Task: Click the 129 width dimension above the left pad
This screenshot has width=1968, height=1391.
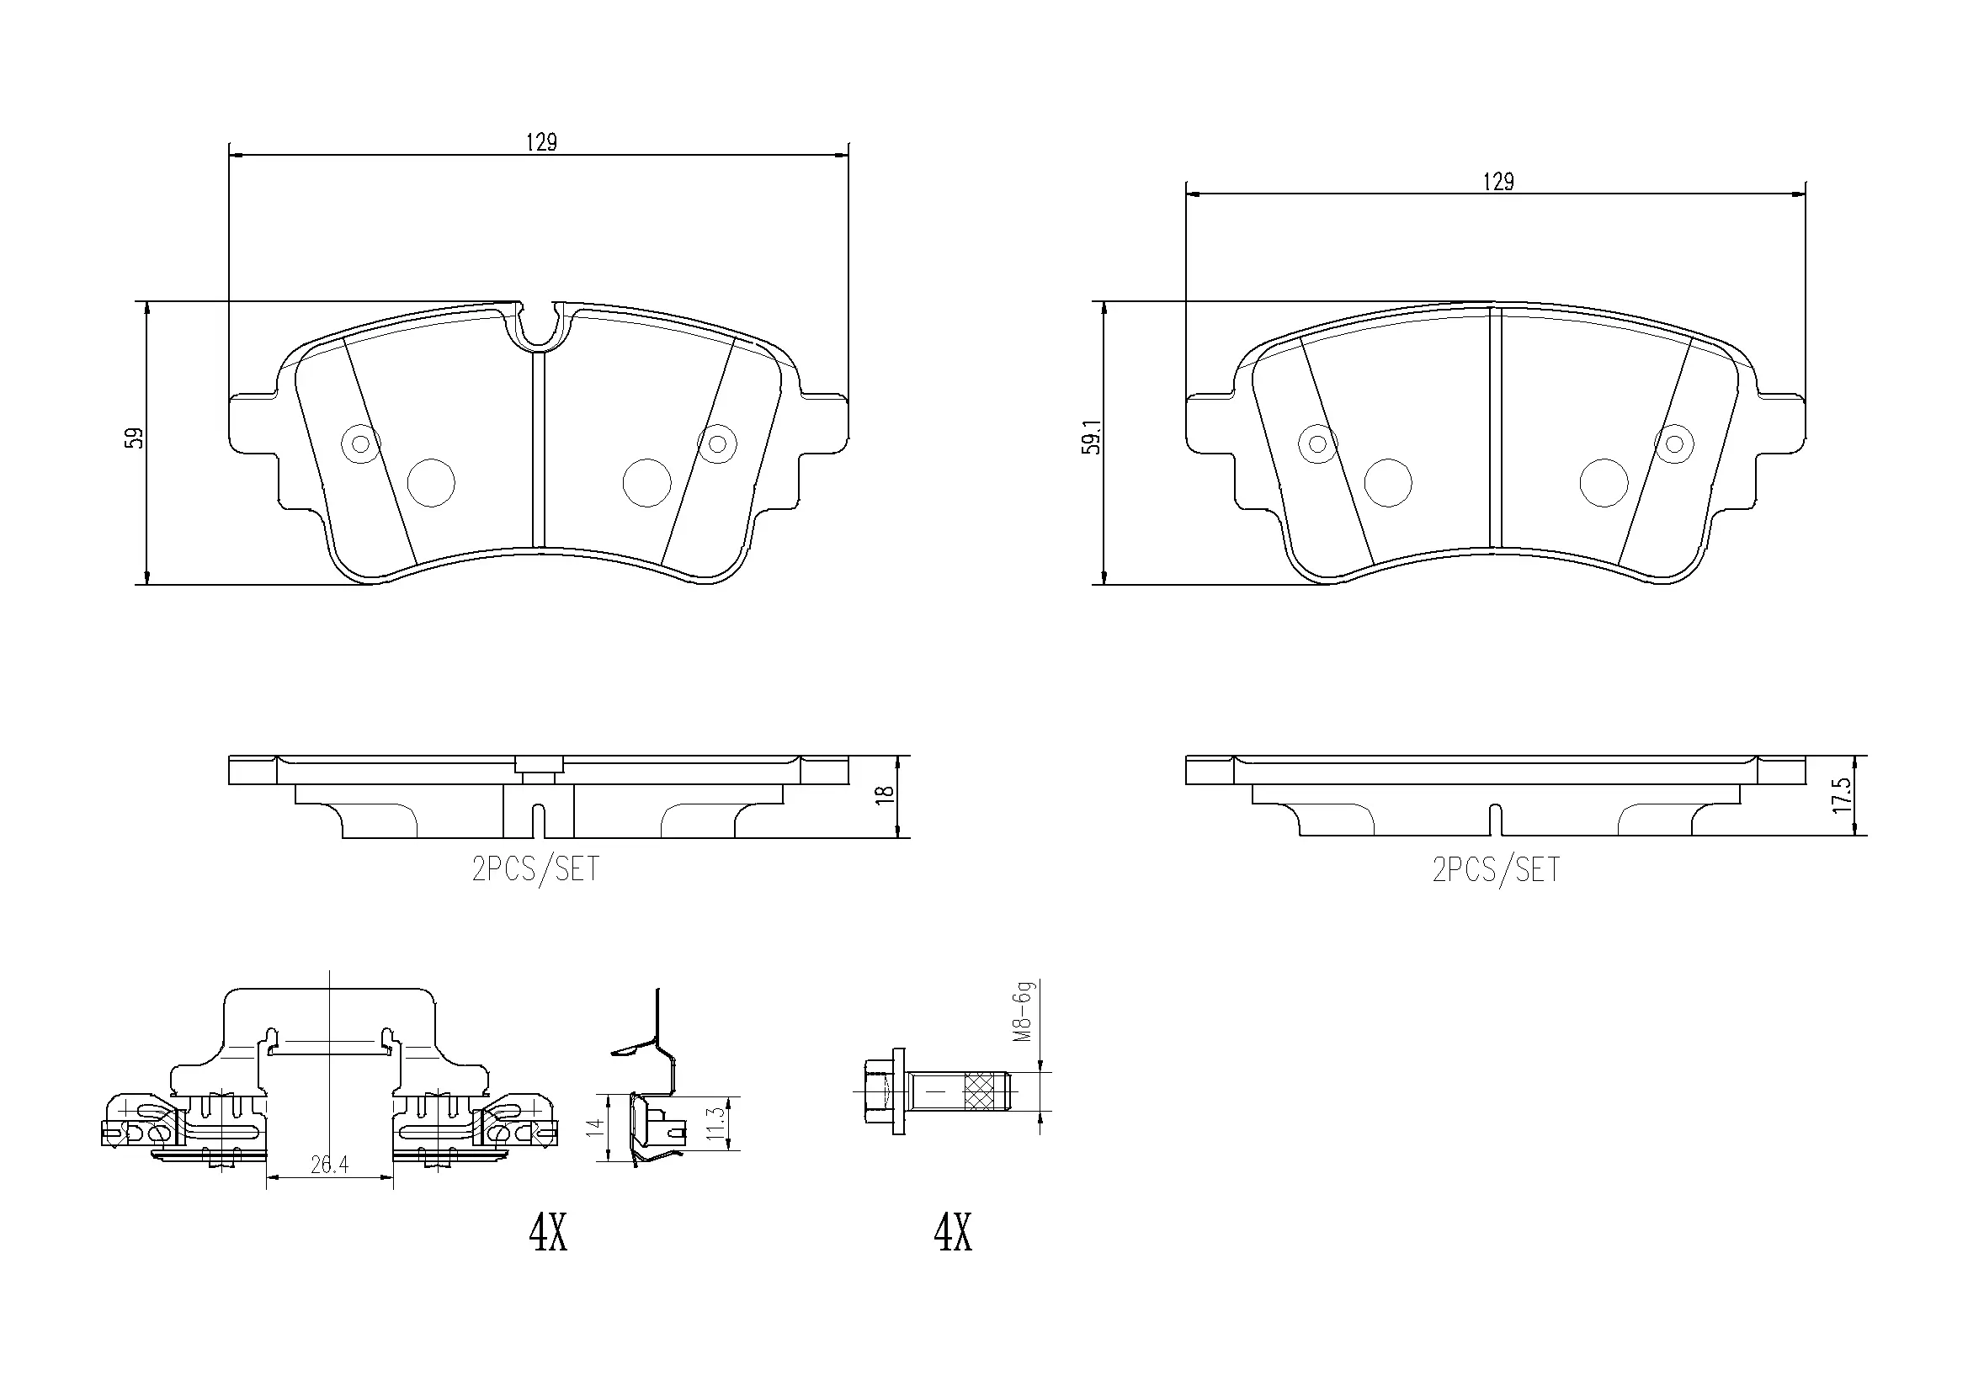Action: point(541,142)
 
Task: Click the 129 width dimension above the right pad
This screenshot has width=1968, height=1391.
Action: point(1498,182)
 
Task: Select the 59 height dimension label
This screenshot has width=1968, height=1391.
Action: point(135,438)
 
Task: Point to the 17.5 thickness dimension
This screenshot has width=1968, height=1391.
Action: point(1842,796)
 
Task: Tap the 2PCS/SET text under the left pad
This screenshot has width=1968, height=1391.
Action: point(535,870)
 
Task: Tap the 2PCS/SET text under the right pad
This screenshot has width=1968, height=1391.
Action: point(1496,870)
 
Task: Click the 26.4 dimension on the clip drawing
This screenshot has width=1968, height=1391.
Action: point(329,1165)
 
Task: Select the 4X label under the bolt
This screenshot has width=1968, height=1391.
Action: point(952,1234)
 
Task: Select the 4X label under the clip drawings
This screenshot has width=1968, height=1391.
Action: point(548,1234)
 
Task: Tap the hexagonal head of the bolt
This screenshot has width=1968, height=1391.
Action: point(875,1092)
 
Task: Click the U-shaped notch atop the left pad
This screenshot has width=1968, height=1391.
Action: point(538,330)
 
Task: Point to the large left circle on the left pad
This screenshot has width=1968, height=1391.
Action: point(430,482)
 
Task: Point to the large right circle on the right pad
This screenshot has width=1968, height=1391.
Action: point(1603,482)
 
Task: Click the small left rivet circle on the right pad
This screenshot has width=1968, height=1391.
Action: point(1317,444)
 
